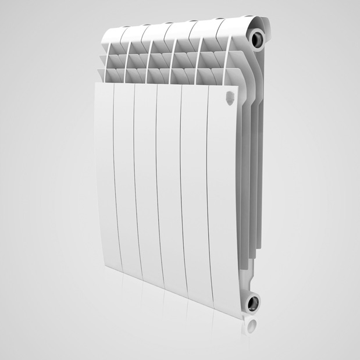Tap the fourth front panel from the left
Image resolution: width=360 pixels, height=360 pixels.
tap(169, 192)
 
